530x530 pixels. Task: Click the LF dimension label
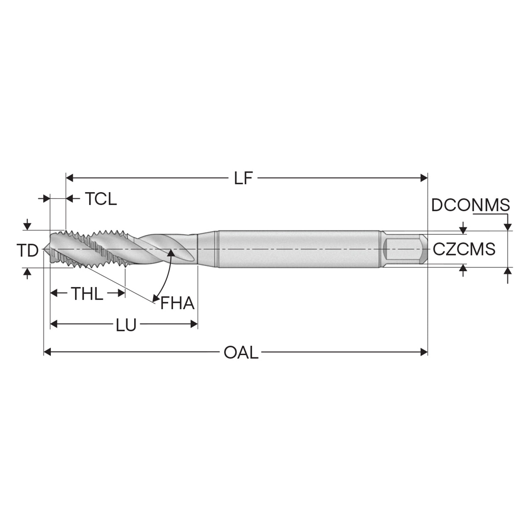pos(243,178)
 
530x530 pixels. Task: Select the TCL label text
pos(101,198)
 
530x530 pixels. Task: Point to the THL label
pos(87,293)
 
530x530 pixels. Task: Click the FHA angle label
pos(177,303)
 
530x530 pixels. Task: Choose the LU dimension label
pos(126,325)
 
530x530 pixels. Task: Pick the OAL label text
pos(241,352)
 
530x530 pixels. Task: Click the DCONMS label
pos(471,205)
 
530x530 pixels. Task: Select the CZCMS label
pos(464,249)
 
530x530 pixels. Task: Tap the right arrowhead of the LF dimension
pos(424,178)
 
